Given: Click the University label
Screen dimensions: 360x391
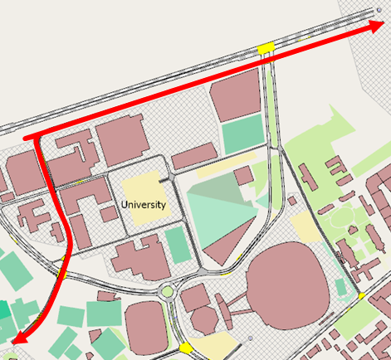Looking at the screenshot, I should pos(144,204).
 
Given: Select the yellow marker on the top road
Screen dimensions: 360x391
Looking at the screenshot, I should pos(266,48).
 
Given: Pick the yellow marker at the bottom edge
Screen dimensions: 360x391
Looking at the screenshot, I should pos(184,348).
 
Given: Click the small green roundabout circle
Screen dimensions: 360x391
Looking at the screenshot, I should pos(169,291).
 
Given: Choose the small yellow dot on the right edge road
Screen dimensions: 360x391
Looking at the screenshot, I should pos(362,295).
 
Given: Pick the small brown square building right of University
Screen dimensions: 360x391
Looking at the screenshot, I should pos(243,175).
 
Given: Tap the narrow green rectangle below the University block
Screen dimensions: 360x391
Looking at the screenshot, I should pos(176,245).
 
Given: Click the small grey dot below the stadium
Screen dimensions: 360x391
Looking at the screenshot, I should pos(250,338).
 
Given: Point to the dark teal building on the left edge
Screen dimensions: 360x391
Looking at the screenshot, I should pos(4,311).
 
